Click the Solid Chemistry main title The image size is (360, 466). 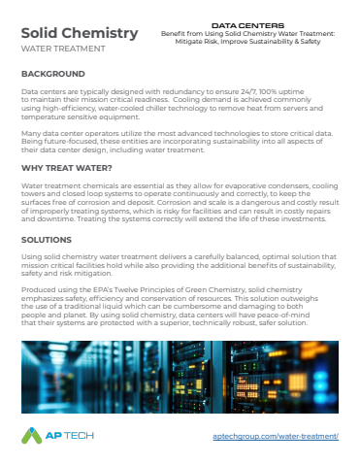[79, 34]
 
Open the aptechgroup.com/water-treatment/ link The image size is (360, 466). [275, 438]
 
